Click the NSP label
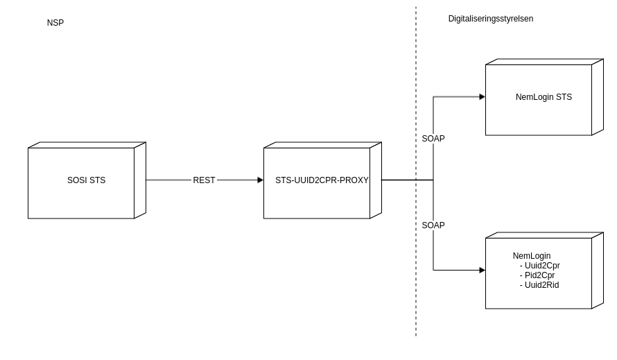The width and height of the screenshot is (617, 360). coord(55,23)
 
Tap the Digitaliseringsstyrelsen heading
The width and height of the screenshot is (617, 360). coord(491,19)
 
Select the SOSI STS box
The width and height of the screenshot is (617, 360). coord(81,198)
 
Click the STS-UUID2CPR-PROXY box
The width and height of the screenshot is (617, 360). coord(317,201)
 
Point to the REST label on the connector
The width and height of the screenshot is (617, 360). coord(204,180)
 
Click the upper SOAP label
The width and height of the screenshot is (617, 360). coord(433,139)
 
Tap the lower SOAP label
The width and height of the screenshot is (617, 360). coord(433,225)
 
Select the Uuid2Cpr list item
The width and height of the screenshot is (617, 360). coord(541,266)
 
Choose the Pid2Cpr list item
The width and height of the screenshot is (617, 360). coord(539,275)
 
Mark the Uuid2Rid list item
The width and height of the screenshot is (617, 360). coord(541,285)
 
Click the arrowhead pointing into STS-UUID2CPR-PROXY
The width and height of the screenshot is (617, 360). coord(261,180)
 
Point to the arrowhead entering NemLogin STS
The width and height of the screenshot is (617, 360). coord(483,97)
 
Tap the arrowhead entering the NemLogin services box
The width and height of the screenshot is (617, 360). coord(483,271)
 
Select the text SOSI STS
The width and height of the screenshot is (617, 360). coord(87,180)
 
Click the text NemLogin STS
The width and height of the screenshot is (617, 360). coord(544,97)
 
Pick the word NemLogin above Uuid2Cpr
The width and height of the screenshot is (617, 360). coord(532,256)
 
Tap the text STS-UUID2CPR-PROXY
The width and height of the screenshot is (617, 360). coord(322,180)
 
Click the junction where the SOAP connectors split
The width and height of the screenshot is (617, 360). coord(433,180)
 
